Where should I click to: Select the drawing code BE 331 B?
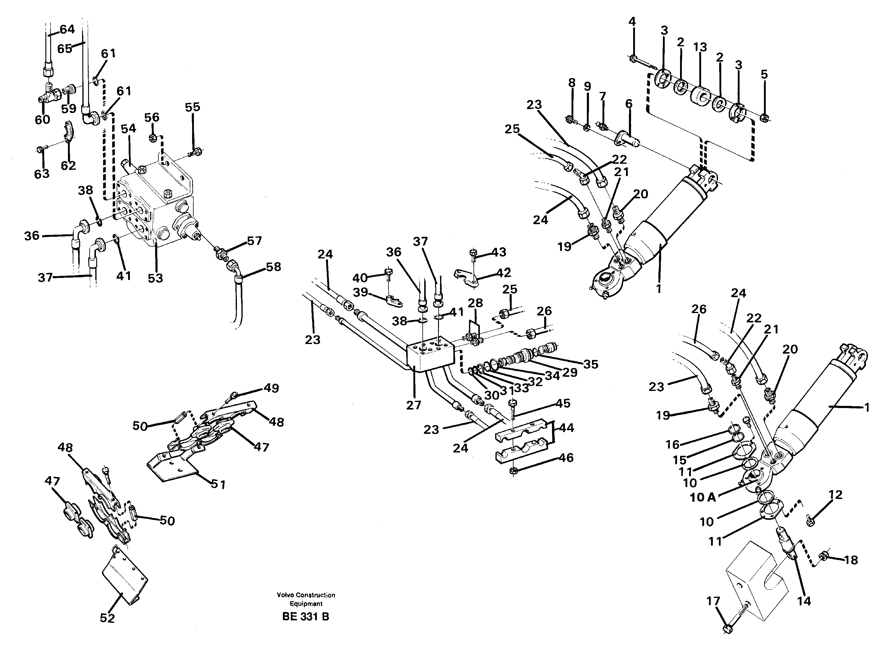305,617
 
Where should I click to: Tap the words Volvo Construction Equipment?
306,599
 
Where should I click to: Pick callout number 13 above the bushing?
700,47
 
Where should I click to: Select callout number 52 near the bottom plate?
107,618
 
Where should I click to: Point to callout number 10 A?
703,497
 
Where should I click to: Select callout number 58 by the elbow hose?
273,267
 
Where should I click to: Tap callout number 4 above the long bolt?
632,22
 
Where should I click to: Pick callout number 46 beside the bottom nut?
566,457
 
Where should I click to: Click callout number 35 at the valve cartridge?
590,364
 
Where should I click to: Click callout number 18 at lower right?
851,560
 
